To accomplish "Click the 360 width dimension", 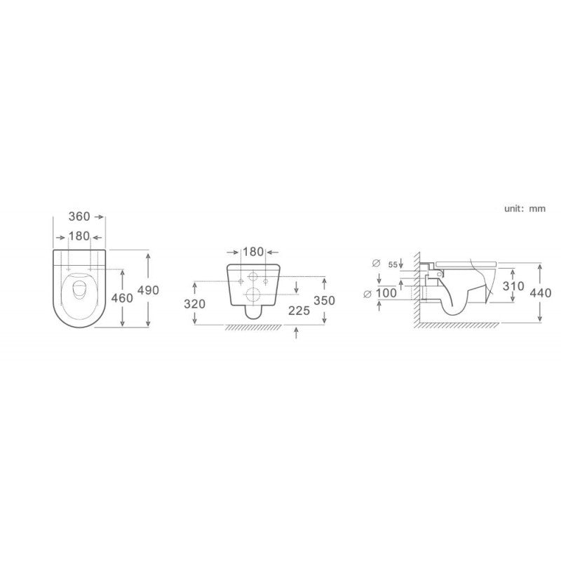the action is tap(79, 217).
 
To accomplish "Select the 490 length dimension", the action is tap(148, 290).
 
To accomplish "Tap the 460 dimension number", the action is tap(122, 297).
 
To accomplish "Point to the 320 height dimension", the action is tap(195, 304).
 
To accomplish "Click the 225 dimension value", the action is tap(299, 311).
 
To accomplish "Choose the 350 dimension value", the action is tap(325, 300).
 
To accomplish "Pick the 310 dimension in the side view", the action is tap(513, 286).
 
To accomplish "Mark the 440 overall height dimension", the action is tap(541, 293).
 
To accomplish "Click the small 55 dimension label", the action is tap(393, 265).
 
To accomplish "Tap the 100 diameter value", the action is tap(386, 293).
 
